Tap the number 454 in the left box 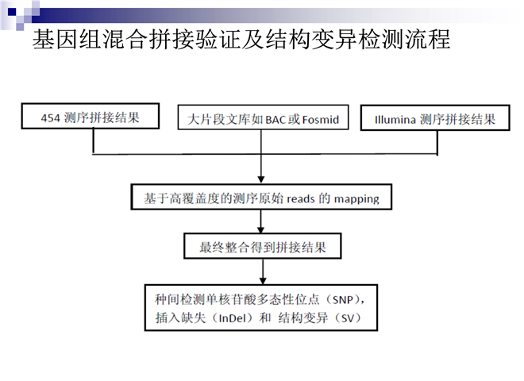(x=51, y=118)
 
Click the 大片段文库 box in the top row (x=263, y=119)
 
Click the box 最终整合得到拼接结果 (x=262, y=246)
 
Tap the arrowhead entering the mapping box (x=263, y=180)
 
